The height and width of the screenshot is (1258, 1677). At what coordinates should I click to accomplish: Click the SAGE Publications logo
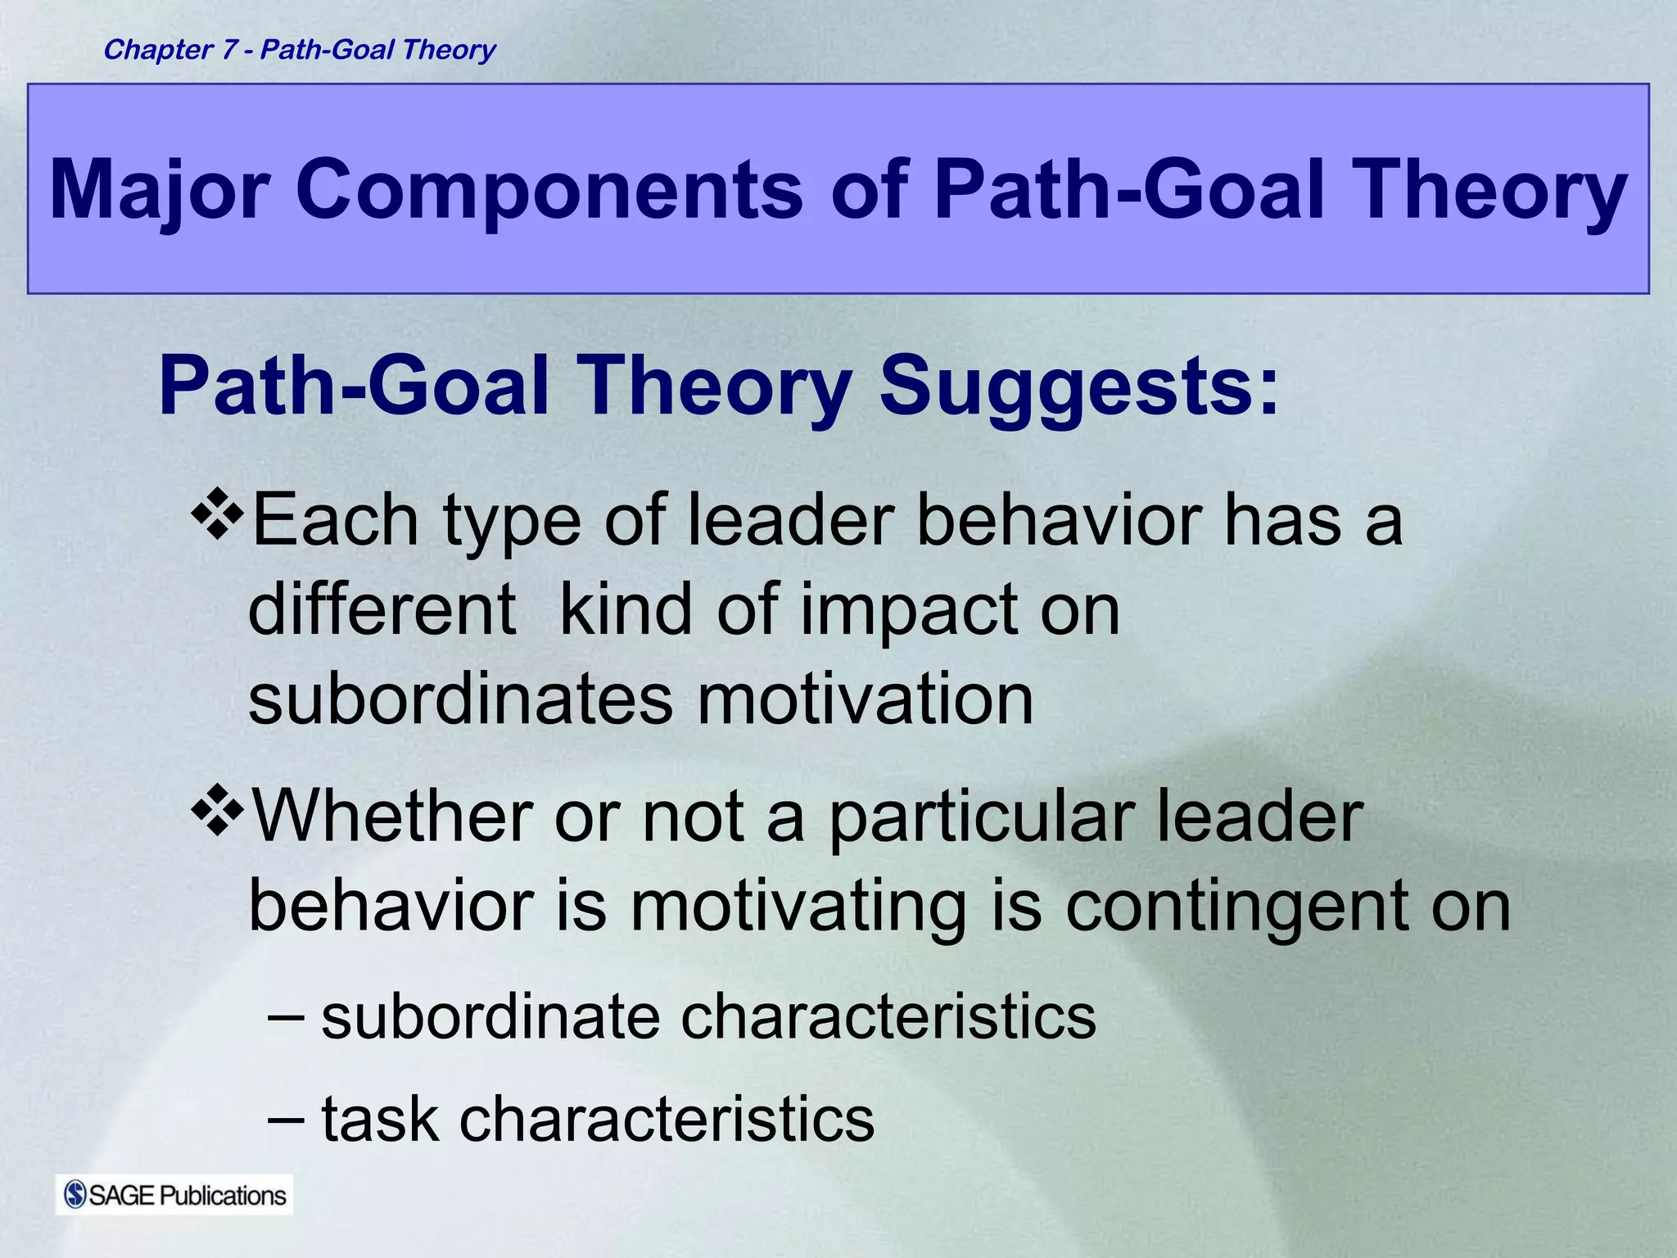click(x=174, y=1195)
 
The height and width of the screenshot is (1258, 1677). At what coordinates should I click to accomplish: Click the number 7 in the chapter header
click(x=228, y=50)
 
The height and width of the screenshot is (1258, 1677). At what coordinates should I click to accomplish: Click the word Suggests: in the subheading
click(x=1078, y=387)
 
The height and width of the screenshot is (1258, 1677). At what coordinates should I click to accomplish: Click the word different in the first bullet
click(x=382, y=609)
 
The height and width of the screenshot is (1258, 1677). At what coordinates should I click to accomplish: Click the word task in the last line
click(x=379, y=1119)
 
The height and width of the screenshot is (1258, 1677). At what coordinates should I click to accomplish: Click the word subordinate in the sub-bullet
click(x=490, y=1017)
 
